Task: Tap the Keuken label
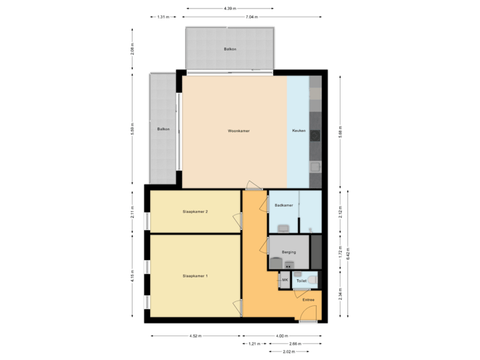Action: click(x=299, y=131)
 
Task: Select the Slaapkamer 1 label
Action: click(x=195, y=275)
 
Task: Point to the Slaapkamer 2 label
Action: click(x=195, y=212)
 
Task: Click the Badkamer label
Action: click(x=283, y=205)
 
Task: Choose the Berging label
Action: click(x=288, y=252)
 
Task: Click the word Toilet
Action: click(x=301, y=281)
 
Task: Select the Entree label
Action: click(x=308, y=300)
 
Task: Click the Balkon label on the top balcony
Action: click(x=230, y=50)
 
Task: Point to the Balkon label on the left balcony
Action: click(x=163, y=129)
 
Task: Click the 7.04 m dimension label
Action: click(x=251, y=17)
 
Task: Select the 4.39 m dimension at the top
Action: click(x=229, y=8)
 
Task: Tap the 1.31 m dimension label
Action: click(x=163, y=17)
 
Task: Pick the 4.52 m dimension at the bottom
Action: click(x=195, y=336)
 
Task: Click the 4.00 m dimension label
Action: click(x=281, y=336)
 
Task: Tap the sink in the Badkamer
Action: click(x=284, y=228)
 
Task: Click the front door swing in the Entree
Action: click(x=308, y=319)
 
